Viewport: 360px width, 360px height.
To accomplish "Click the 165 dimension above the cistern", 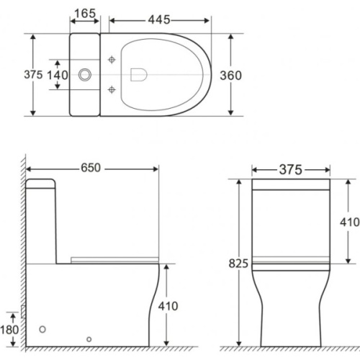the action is tap(85, 14).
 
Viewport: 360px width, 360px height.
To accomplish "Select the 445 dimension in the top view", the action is tap(159, 19).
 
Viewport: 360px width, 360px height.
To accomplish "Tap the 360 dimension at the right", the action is tap(230, 76).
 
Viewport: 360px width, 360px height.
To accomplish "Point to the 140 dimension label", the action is tap(58, 76).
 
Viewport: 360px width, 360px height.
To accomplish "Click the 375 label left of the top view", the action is tap(33, 75).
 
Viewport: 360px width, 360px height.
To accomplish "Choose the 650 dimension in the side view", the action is tap(91, 168).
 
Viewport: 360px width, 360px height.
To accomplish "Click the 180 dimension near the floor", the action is tap(9, 330).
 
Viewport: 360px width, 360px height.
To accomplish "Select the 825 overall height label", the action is tap(238, 264).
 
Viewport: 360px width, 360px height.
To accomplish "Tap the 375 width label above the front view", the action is tap(290, 170).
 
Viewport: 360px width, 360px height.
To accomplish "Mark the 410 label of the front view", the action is tap(349, 222).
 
